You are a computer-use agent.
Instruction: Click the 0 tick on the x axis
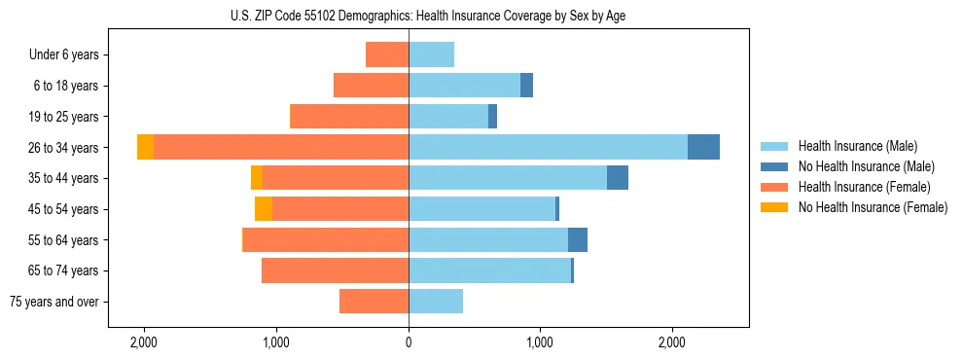[409, 342]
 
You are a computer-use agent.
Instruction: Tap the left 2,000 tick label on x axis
[144, 342]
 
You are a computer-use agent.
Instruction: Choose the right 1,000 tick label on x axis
[540, 342]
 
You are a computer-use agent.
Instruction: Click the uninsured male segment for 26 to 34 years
[703, 147]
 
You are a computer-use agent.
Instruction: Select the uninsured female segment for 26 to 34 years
[146, 147]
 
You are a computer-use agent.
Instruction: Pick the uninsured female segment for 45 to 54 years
[264, 209]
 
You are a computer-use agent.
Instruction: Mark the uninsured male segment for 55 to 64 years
[578, 239]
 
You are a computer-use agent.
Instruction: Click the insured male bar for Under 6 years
[431, 54]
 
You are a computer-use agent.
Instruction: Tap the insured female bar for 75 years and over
[374, 302]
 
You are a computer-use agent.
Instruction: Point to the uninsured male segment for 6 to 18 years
[526, 86]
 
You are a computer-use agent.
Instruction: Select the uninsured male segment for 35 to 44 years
[618, 178]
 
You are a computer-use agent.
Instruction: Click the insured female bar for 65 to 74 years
[335, 270]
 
